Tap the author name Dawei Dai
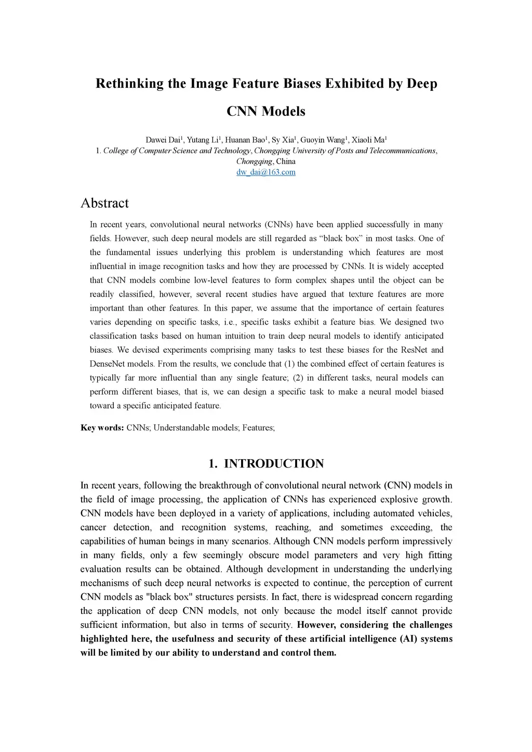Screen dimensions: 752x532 tap(163, 140)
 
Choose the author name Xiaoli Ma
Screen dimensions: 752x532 tap(368, 140)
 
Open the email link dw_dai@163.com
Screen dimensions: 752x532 tap(266, 172)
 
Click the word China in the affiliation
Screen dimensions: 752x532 tap(286, 162)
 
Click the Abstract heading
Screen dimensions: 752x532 tap(104, 203)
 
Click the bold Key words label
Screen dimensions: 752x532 tap(102, 428)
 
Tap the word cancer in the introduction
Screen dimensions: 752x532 tap(94, 528)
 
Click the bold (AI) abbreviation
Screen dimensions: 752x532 tap(408, 639)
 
